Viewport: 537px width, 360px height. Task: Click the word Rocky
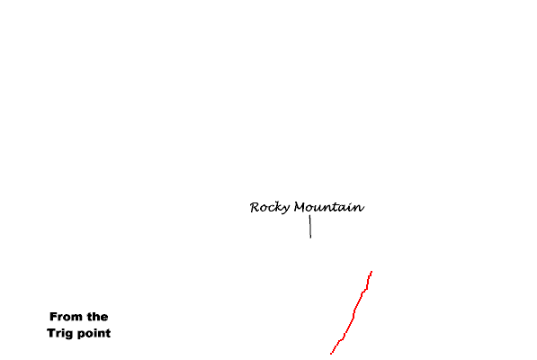pyautogui.click(x=270, y=208)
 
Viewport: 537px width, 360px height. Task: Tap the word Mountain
pyautogui.click(x=329, y=207)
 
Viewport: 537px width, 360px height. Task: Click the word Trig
pyautogui.click(x=59, y=333)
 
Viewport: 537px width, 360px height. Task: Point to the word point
pyautogui.click(x=94, y=333)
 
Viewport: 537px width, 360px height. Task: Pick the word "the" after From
pyautogui.click(x=97, y=317)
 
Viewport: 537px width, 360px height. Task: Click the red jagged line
pyautogui.click(x=354, y=312)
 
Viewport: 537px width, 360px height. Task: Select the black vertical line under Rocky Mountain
pyautogui.click(x=310, y=227)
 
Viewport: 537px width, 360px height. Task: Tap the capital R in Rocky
pyautogui.click(x=255, y=207)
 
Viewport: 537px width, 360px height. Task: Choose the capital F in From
pyautogui.click(x=53, y=317)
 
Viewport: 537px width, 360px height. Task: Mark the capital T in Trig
pyautogui.click(x=51, y=333)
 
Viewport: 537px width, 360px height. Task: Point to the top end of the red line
pyautogui.click(x=371, y=271)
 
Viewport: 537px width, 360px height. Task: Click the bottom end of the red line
pyautogui.click(x=331, y=354)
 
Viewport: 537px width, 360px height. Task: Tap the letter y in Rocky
pyautogui.click(x=286, y=209)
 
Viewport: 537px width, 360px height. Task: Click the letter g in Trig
pyautogui.click(x=67, y=334)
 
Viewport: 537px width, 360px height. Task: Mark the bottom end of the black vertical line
pyautogui.click(x=310, y=238)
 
